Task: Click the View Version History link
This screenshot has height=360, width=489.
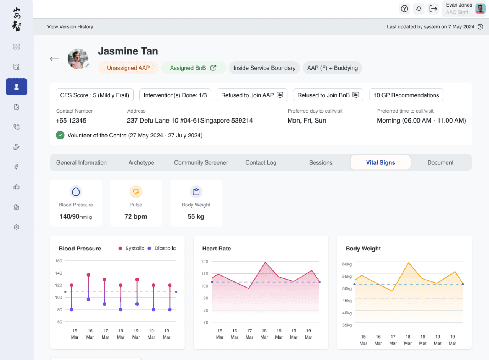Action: tap(70, 27)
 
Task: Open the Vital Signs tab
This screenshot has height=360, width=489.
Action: tap(380, 162)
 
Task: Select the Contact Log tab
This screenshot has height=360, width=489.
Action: tap(261, 162)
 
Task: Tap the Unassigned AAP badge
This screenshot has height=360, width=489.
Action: tap(128, 68)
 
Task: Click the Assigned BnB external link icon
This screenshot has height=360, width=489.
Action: tap(213, 68)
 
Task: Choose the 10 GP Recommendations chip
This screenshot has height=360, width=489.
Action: tap(406, 95)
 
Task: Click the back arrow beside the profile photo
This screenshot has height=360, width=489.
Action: tap(54, 59)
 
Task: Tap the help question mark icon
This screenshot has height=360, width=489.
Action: tap(404, 9)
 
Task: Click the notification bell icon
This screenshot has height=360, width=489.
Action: tap(419, 9)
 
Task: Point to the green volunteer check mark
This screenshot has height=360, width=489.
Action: tap(60, 135)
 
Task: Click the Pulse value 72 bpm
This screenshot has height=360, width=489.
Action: tap(135, 216)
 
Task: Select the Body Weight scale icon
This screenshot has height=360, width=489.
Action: tap(196, 192)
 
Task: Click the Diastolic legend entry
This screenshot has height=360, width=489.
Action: tap(162, 249)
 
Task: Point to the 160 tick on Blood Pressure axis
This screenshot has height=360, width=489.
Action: tap(59, 261)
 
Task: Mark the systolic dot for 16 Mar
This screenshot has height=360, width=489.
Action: tap(88, 275)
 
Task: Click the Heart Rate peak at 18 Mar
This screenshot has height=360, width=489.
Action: tap(265, 262)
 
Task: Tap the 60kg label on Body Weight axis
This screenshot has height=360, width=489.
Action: tap(347, 264)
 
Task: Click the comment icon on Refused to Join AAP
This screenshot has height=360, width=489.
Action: tap(280, 95)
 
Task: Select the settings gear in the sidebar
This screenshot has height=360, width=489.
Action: tap(16, 227)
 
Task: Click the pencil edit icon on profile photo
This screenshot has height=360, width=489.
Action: tap(87, 65)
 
